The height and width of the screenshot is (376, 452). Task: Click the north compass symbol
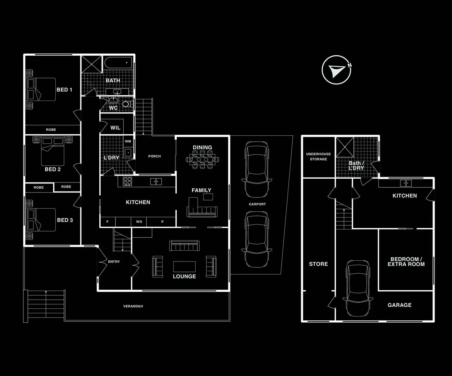[x=336, y=70]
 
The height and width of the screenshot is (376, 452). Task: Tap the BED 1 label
[x=64, y=89]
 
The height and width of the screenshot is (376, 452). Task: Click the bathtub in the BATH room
[x=118, y=63]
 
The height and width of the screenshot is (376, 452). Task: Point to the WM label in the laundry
[x=128, y=141]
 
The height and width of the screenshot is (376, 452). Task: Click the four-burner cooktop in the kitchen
[x=127, y=181]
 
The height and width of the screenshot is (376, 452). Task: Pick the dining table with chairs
[x=202, y=160]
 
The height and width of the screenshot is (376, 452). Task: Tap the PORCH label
[x=155, y=156]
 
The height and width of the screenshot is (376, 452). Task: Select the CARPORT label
[x=257, y=204]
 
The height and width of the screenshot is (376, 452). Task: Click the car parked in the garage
[x=358, y=288]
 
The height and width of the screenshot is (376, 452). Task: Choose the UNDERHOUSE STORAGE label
[x=319, y=157]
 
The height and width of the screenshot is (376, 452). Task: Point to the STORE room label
[x=319, y=264]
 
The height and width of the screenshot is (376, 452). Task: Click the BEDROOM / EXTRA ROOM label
[x=406, y=261]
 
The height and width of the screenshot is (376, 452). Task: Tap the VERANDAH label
[x=133, y=306]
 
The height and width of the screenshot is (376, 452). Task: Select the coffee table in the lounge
[x=184, y=267]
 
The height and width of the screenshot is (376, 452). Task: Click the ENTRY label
[x=114, y=261]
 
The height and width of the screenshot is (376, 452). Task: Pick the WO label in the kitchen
[x=139, y=222]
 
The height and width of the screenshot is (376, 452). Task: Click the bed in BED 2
[x=53, y=151]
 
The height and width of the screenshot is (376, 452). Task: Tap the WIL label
[x=115, y=128]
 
